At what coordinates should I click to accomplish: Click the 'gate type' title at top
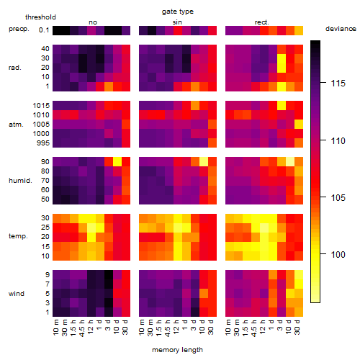[178, 12]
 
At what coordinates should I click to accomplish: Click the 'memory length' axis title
[177, 350]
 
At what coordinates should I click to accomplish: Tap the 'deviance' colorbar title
[341, 29]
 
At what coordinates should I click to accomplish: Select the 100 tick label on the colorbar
[338, 254]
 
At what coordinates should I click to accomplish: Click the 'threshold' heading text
[40, 17]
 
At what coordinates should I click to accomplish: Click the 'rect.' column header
[261, 22]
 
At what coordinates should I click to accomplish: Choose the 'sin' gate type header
[177, 22]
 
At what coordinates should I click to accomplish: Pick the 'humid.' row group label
[20, 181]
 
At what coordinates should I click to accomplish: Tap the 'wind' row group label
[17, 294]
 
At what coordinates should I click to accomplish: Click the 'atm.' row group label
[16, 125]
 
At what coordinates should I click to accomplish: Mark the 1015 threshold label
[41, 106]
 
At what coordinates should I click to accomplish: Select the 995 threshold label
[43, 143]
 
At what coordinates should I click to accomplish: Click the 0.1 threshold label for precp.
[44, 30]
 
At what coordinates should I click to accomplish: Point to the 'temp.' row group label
[18, 236]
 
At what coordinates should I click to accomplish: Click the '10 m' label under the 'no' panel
[56, 328]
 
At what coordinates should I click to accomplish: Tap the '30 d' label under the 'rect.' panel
[297, 328]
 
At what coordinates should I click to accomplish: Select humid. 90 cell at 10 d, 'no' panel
[117, 162]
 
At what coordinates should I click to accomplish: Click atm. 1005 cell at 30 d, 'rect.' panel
[299, 125]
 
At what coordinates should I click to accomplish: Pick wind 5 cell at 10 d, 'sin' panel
[204, 294]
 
